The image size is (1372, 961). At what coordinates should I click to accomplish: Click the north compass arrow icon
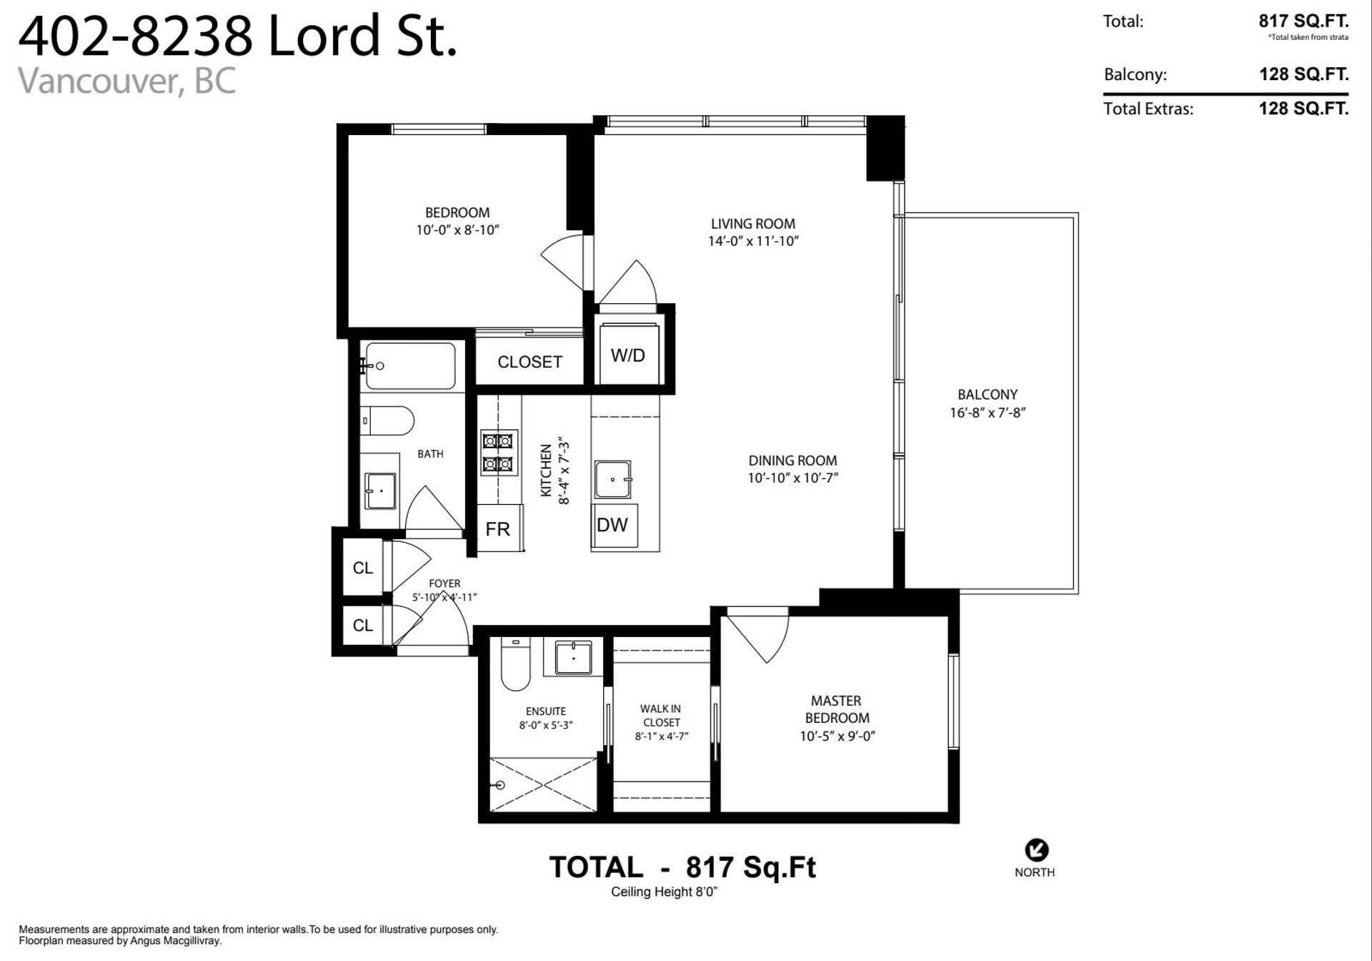[1036, 850]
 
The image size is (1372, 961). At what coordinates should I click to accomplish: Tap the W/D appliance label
[627, 355]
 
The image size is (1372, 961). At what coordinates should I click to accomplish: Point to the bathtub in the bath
[410, 366]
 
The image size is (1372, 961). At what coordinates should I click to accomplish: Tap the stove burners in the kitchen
[498, 453]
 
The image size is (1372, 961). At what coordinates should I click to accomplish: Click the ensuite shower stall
[544, 784]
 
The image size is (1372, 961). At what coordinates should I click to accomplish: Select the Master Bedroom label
[837, 709]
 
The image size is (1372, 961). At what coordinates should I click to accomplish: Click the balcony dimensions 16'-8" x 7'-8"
[988, 413]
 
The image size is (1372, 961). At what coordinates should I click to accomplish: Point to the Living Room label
[752, 224]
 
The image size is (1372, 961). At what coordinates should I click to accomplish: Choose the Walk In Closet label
[661, 716]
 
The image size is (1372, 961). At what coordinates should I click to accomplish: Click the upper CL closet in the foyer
[363, 567]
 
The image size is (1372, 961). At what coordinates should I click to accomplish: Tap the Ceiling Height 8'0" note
[664, 892]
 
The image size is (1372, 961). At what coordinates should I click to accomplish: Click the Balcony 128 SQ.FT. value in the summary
[1303, 74]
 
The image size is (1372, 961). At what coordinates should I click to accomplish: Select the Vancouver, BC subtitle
[126, 81]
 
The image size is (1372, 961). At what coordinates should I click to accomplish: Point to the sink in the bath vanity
[380, 491]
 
